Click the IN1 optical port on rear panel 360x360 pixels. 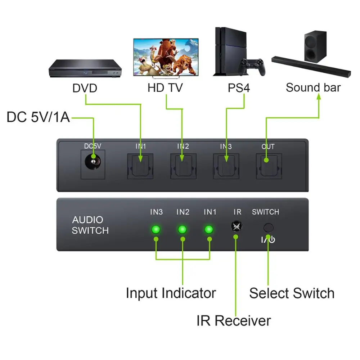[x=140, y=166]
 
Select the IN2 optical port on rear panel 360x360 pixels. [x=183, y=166]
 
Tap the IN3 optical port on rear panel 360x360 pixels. [x=226, y=166]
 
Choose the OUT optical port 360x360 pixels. [x=268, y=166]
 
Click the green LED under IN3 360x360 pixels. [x=156, y=229]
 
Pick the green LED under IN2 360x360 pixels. [x=183, y=229]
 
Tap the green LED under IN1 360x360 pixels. [x=209, y=229]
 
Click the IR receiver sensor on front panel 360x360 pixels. [x=237, y=226]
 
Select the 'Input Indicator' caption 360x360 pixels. [x=171, y=293]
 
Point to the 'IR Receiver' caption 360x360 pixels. [x=234, y=320]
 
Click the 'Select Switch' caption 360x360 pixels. [x=292, y=293]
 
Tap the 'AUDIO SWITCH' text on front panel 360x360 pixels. [x=90, y=225]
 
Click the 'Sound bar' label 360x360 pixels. [x=313, y=87]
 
